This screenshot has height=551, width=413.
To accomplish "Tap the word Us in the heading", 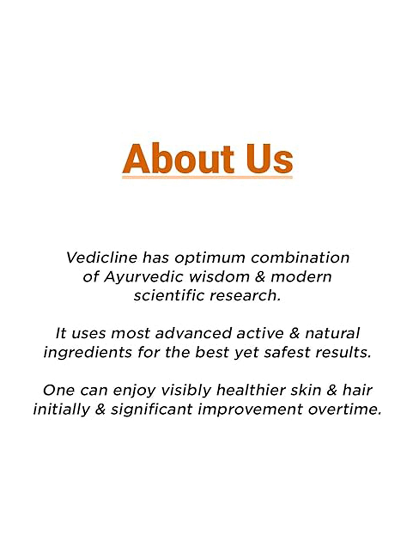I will click(x=269, y=159).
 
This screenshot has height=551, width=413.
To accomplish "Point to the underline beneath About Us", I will click(x=207, y=177).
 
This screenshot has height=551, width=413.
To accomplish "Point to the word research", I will click(x=245, y=296).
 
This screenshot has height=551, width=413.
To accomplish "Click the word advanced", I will click(x=193, y=333).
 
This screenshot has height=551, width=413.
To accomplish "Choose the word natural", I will click(x=332, y=333).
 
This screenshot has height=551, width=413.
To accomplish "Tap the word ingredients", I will click(x=88, y=353).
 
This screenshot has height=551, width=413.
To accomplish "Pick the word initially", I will click(x=61, y=410).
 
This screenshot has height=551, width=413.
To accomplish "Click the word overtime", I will click(x=345, y=410).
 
